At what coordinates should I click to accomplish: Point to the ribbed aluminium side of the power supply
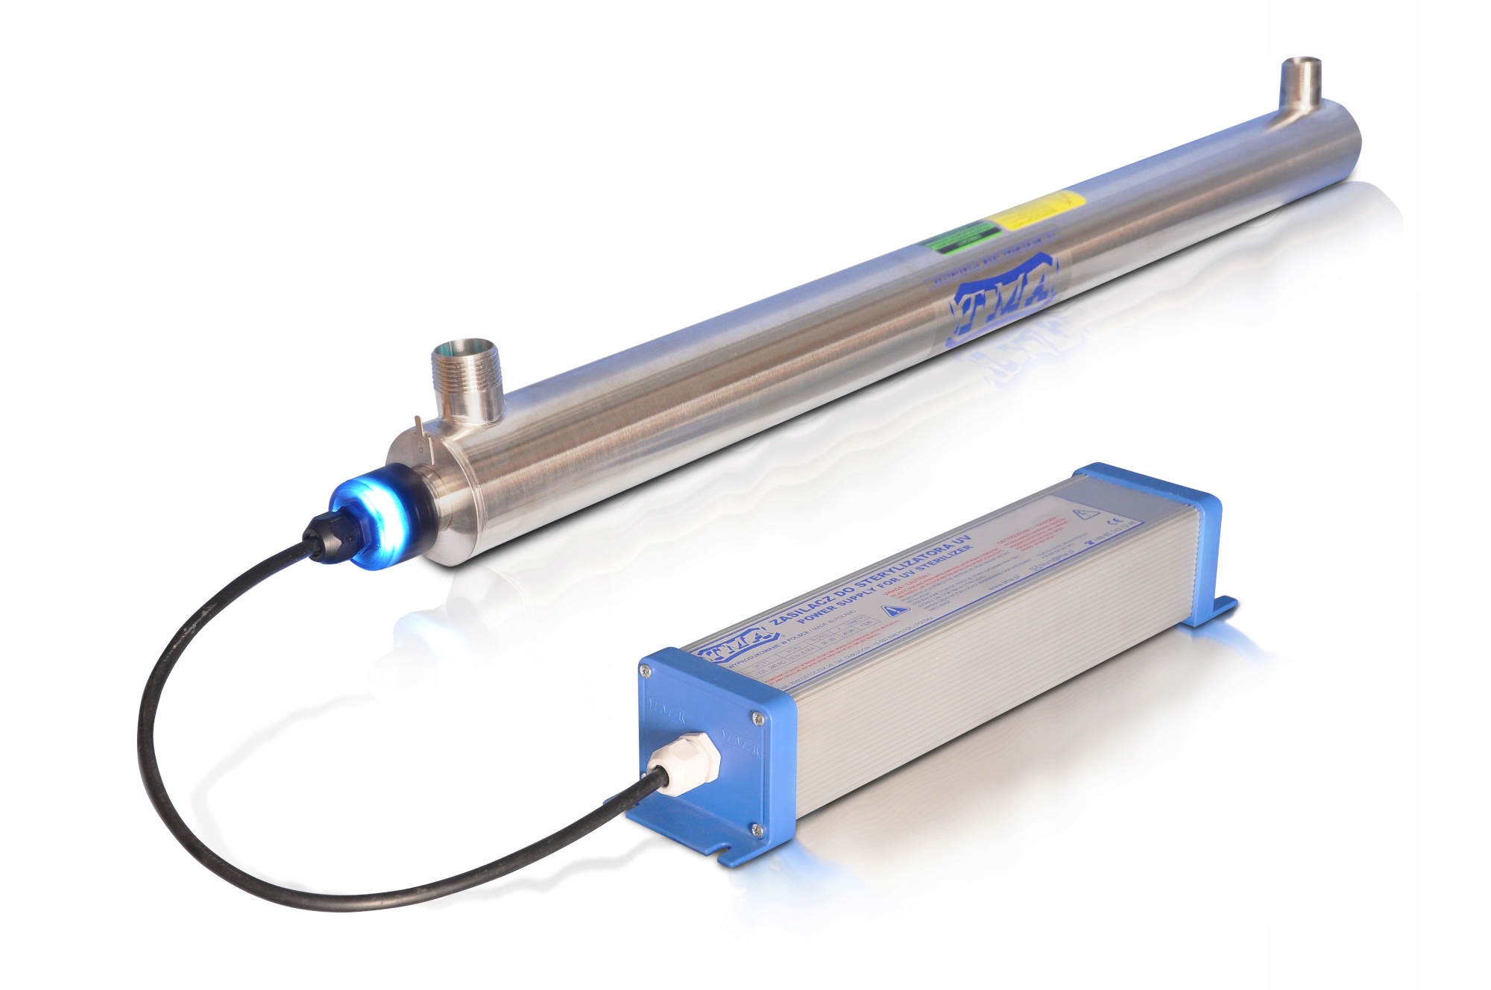(969, 708)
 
